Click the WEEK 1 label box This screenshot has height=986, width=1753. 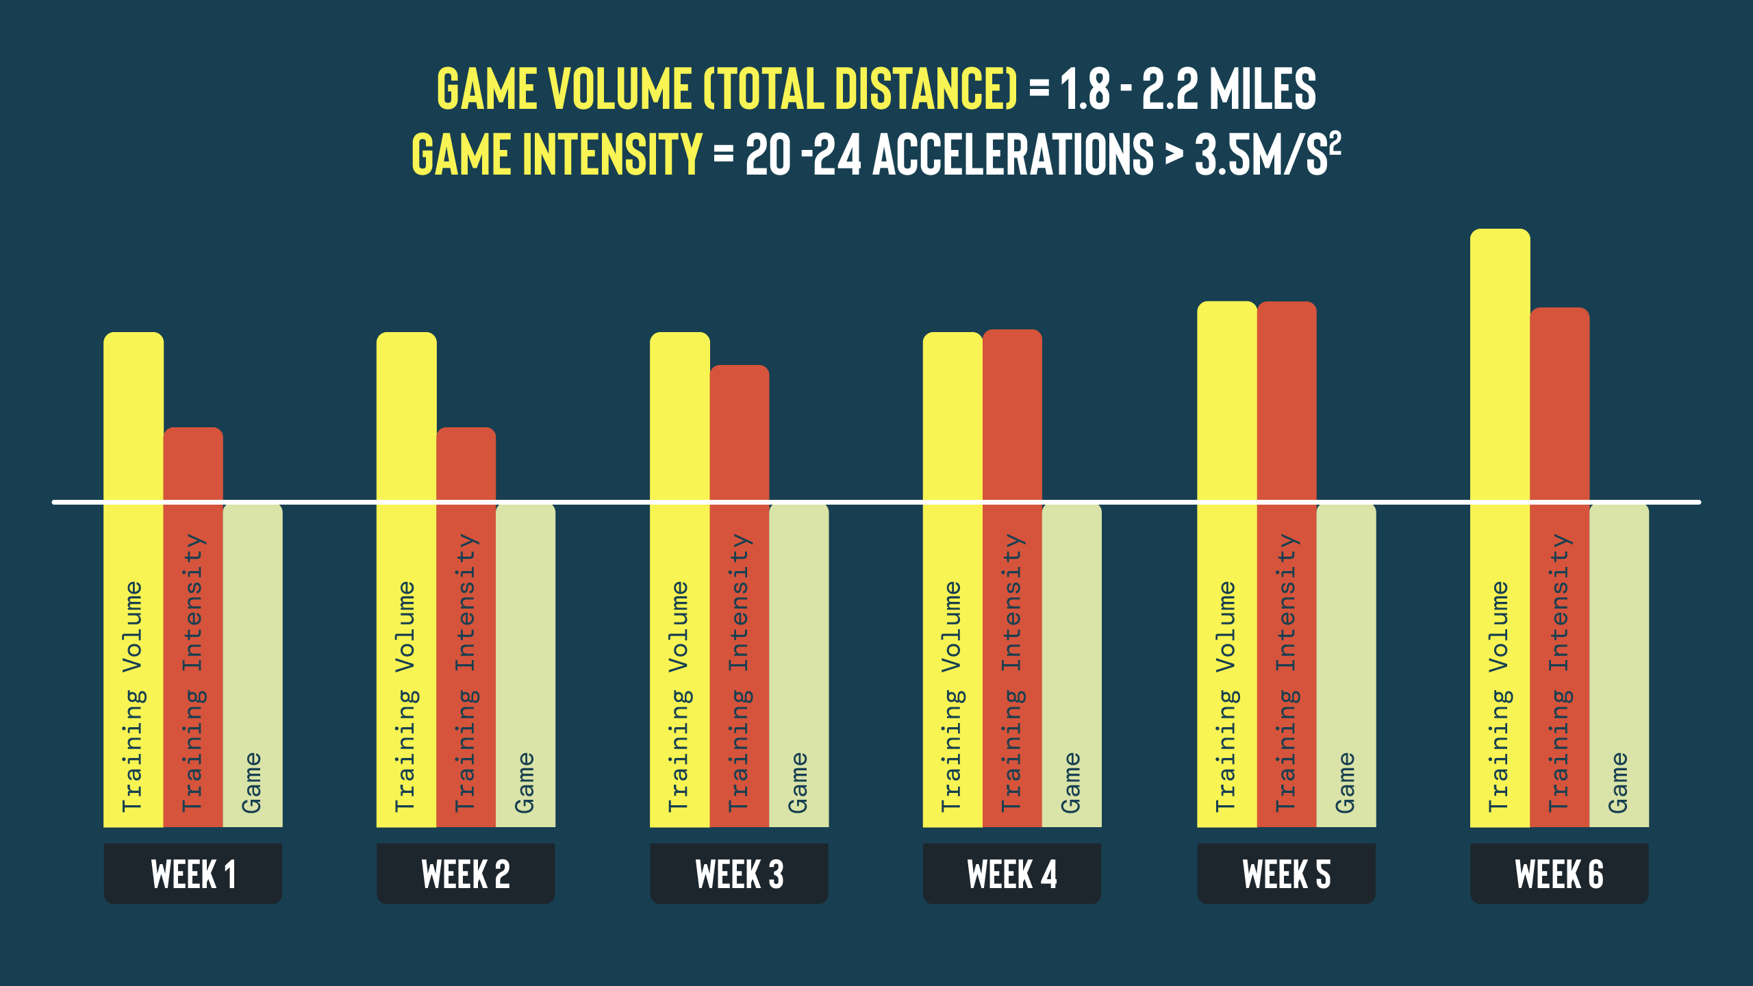(x=192, y=874)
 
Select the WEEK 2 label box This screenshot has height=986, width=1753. (x=466, y=874)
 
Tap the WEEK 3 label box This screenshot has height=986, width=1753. (x=739, y=874)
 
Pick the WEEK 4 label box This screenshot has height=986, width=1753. (x=1012, y=874)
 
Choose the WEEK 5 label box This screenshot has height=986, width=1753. (x=1286, y=874)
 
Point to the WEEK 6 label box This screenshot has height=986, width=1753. (x=1559, y=874)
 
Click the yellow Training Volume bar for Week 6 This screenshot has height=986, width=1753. (x=1500, y=528)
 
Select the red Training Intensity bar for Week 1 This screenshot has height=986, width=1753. (x=193, y=627)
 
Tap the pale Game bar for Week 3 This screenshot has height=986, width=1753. (x=798, y=666)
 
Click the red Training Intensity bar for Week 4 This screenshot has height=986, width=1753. (x=1012, y=578)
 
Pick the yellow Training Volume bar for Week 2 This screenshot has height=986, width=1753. (x=406, y=579)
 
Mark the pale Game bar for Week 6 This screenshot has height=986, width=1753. (x=1619, y=666)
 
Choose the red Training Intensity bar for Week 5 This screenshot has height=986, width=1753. (x=1287, y=564)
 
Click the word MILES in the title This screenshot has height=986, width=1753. (x=1263, y=89)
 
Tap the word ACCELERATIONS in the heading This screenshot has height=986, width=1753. (x=1013, y=154)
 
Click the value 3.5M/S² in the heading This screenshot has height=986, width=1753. (x=1268, y=153)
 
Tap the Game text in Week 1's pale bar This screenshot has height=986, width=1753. (x=252, y=783)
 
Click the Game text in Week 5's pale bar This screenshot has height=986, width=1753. (x=1346, y=783)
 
